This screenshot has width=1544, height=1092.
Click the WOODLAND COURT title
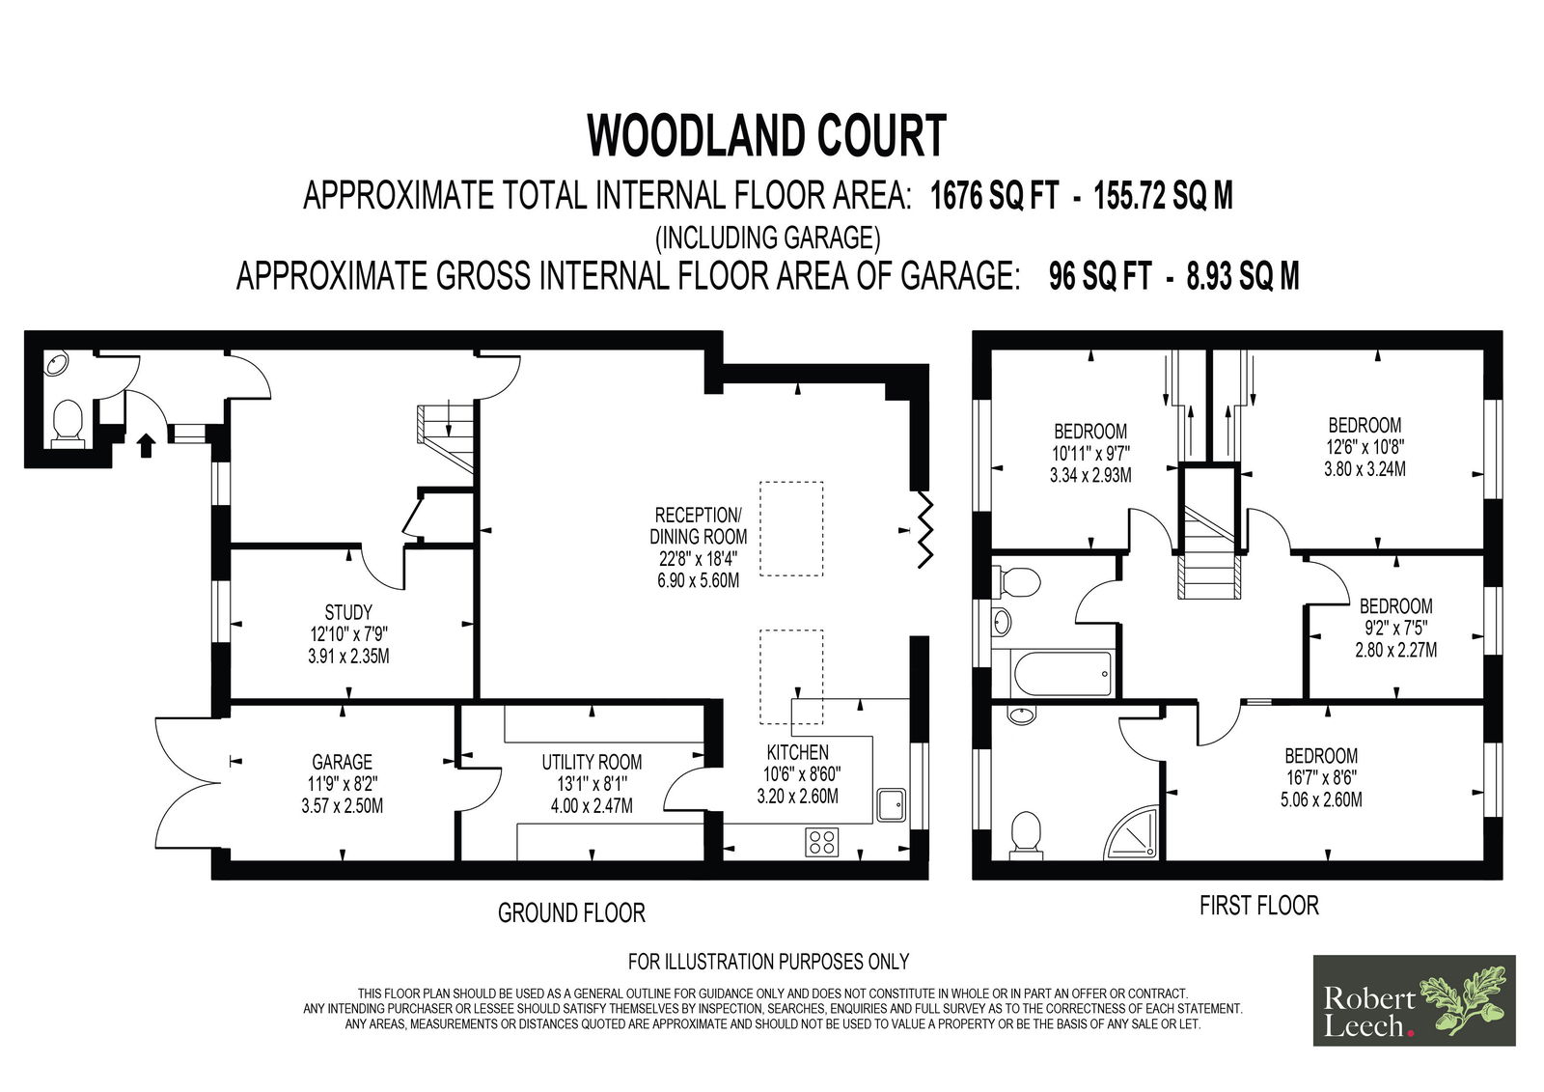coord(767,136)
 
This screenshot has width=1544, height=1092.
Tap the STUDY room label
coord(348,612)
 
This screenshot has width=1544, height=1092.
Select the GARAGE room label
coord(342,762)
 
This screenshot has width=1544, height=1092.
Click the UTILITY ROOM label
coord(592,762)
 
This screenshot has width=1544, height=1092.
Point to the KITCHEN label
coord(797,752)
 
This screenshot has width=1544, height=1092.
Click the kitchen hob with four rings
coord(822,841)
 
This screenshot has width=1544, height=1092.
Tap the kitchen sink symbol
coord(891,803)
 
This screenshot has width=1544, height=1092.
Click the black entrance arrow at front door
coord(146,444)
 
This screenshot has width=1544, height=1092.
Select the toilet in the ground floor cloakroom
coord(68,423)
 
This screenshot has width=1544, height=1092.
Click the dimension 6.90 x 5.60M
coord(698,580)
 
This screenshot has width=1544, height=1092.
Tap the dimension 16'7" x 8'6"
coord(1320,777)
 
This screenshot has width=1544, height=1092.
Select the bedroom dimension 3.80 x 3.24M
coord(1365,469)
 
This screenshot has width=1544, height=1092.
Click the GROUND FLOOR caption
coord(571,912)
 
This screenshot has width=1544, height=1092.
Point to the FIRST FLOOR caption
coord(1258,906)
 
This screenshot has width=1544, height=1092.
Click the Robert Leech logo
coord(1414,1000)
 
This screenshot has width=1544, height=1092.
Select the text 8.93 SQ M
coord(1243,277)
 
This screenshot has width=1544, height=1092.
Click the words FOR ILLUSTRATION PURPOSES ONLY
coord(768,962)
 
